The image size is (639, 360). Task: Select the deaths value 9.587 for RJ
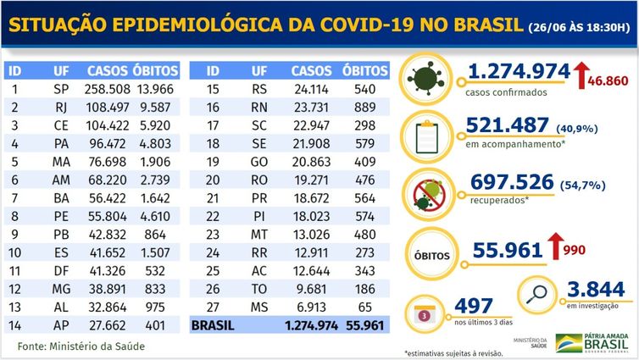158,106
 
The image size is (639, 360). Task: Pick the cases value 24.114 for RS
311,88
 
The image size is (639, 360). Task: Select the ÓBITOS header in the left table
158,69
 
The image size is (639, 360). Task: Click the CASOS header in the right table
311,69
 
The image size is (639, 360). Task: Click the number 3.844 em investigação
601,289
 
